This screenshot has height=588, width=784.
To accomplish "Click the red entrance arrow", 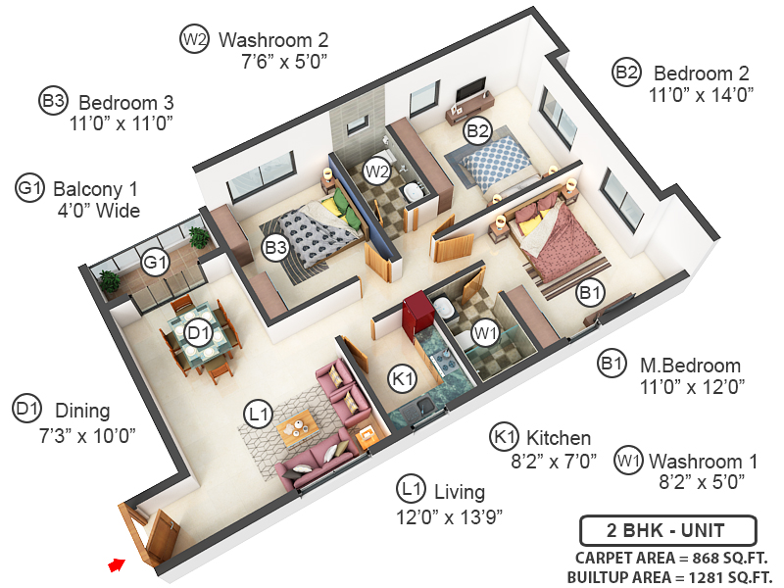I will pos(118,564).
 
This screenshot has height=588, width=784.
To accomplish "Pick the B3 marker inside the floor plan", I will pos(275,248).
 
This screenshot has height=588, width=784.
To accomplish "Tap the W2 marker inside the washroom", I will pos(376,171).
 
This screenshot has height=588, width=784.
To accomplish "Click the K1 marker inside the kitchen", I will pos(402,377).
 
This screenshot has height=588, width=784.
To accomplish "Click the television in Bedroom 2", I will pos(471,92).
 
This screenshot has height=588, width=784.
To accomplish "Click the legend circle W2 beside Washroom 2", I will pos(194,40).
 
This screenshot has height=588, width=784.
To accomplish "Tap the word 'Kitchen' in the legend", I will pos(559,437).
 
